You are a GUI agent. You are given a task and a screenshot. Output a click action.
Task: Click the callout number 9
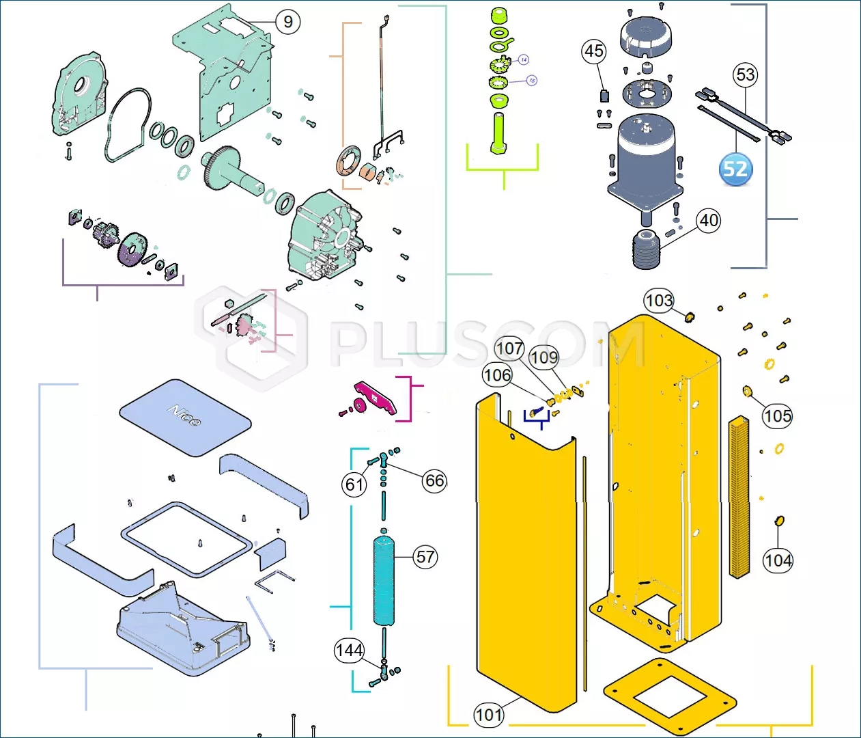(288, 22)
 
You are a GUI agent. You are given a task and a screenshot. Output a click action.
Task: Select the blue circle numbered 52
(735, 169)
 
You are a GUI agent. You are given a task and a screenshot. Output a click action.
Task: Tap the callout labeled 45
(593, 51)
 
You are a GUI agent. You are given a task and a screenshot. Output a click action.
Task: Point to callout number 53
(746, 74)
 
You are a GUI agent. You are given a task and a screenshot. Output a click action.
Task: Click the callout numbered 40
(709, 220)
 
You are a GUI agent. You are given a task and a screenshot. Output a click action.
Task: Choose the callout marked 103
(658, 301)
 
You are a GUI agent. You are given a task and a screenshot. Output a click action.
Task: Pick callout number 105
(777, 415)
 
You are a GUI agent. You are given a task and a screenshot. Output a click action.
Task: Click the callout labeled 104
(778, 560)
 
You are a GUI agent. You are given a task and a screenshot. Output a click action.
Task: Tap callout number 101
(489, 715)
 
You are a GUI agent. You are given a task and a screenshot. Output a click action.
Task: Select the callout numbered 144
(349, 650)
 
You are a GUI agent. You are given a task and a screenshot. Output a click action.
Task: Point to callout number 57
(425, 557)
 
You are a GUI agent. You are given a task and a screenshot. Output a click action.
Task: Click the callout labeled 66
(434, 480)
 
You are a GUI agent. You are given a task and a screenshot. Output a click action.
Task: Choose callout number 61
(354, 484)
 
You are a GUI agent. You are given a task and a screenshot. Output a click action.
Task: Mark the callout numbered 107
(509, 348)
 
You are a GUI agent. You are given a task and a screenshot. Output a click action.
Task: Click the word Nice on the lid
(184, 415)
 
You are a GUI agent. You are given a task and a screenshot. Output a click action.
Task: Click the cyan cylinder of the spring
(384, 581)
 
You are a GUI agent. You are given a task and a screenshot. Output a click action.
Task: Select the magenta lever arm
(376, 399)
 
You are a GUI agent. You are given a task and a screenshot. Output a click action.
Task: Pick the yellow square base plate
(670, 697)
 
